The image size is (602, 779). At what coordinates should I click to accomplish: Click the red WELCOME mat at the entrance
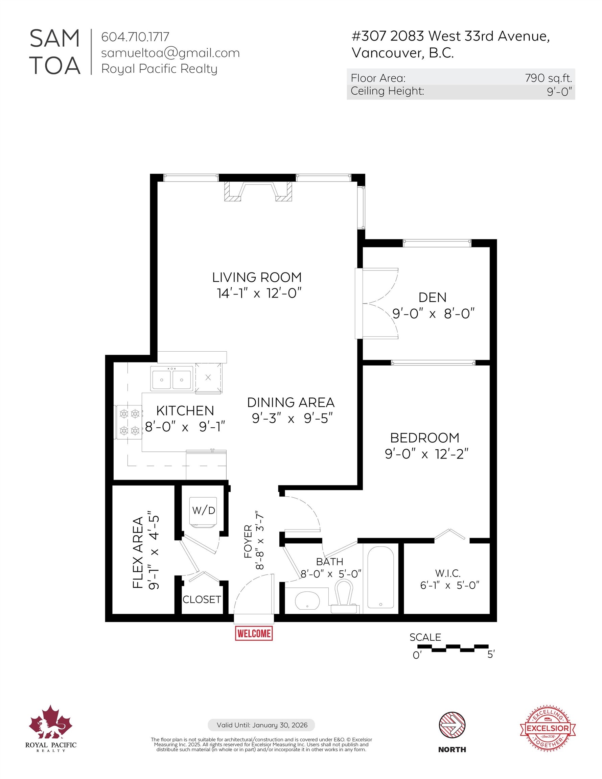(x=254, y=634)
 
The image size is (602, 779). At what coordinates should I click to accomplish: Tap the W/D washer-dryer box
(x=203, y=511)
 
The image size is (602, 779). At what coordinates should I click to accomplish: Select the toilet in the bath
(x=344, y=595)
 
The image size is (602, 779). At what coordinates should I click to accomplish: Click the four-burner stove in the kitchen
(x=129, y=422)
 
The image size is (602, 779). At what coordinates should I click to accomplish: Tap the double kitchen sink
(x=172, y=379)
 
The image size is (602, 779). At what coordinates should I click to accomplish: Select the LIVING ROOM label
(x=257, y=278)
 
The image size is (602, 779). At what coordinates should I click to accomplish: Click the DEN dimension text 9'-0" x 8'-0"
(x=433, y=314)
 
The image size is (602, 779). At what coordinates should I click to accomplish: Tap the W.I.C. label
(x=448, y=573)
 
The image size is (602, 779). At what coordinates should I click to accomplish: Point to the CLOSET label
(x=202, y=599)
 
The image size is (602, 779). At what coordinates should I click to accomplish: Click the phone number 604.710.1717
(x=135, y=37)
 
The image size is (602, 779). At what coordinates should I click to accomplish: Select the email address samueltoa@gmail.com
(x=170, y=53)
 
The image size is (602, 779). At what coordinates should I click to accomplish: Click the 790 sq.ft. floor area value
(x=548, y=78)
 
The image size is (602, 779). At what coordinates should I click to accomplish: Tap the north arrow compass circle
(x=452, y=725)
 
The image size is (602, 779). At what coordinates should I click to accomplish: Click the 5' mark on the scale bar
(x=491, y=655)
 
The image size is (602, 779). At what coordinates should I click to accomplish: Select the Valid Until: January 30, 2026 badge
(x=261, y=725)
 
